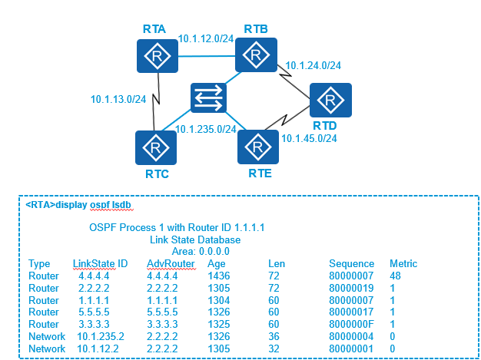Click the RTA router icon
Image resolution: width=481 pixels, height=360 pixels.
click(x=158, y=56)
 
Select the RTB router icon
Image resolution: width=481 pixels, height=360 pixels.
click(x=255, y=54)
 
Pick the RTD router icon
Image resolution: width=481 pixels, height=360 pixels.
click(x=331, y=101)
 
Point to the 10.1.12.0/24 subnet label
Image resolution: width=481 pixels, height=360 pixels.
click(x=205, y=38)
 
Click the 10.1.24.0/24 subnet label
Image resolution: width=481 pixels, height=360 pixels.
click(x=313, y=65)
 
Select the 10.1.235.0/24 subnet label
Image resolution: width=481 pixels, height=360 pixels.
click(x=205, y=129)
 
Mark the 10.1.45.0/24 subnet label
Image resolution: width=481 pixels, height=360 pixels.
click(x=309, y=139)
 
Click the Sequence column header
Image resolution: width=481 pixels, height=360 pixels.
click(x=351, y=263)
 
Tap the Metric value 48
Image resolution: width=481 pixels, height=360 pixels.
click(x=396, y=274)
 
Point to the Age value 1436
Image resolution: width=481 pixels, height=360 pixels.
click(x=217, y=274)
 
